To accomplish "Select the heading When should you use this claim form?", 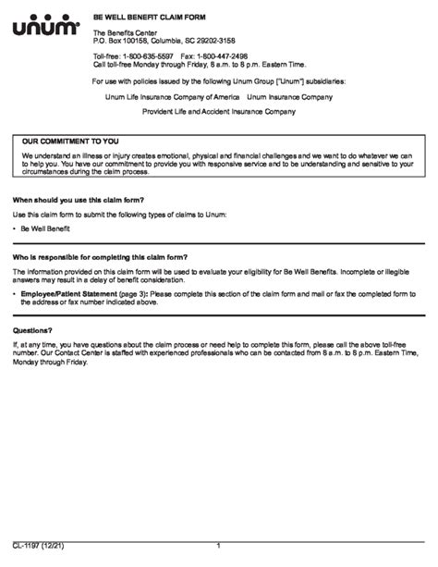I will point(79,200).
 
